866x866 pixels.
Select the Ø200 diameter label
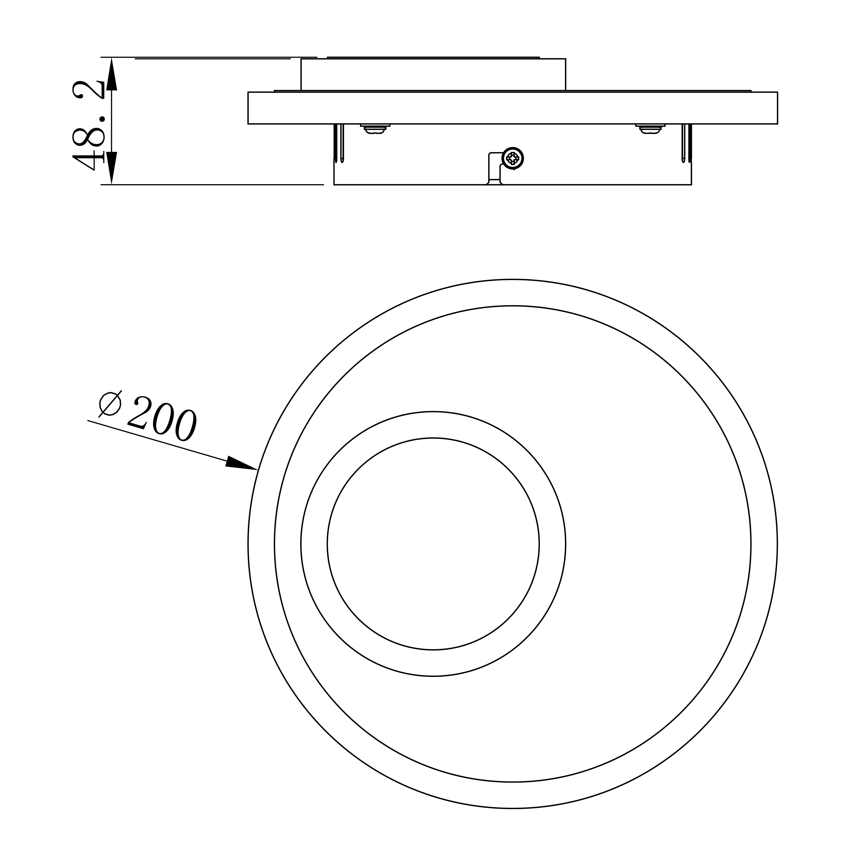[x=148, y=417]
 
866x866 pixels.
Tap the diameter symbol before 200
[x=110, y=404]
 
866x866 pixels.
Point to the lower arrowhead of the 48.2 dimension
[x=112, y=168]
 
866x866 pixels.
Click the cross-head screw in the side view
[x=513, y=158]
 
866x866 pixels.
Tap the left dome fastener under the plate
[x=375, y=129]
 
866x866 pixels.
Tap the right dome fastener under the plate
[x=650, y=129]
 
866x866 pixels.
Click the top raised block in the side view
[x=433, y=74]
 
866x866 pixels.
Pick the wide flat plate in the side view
[x=512, y=108]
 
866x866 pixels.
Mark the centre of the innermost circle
[x=433, y=544]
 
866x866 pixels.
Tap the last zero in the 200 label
[x=186, y=425]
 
